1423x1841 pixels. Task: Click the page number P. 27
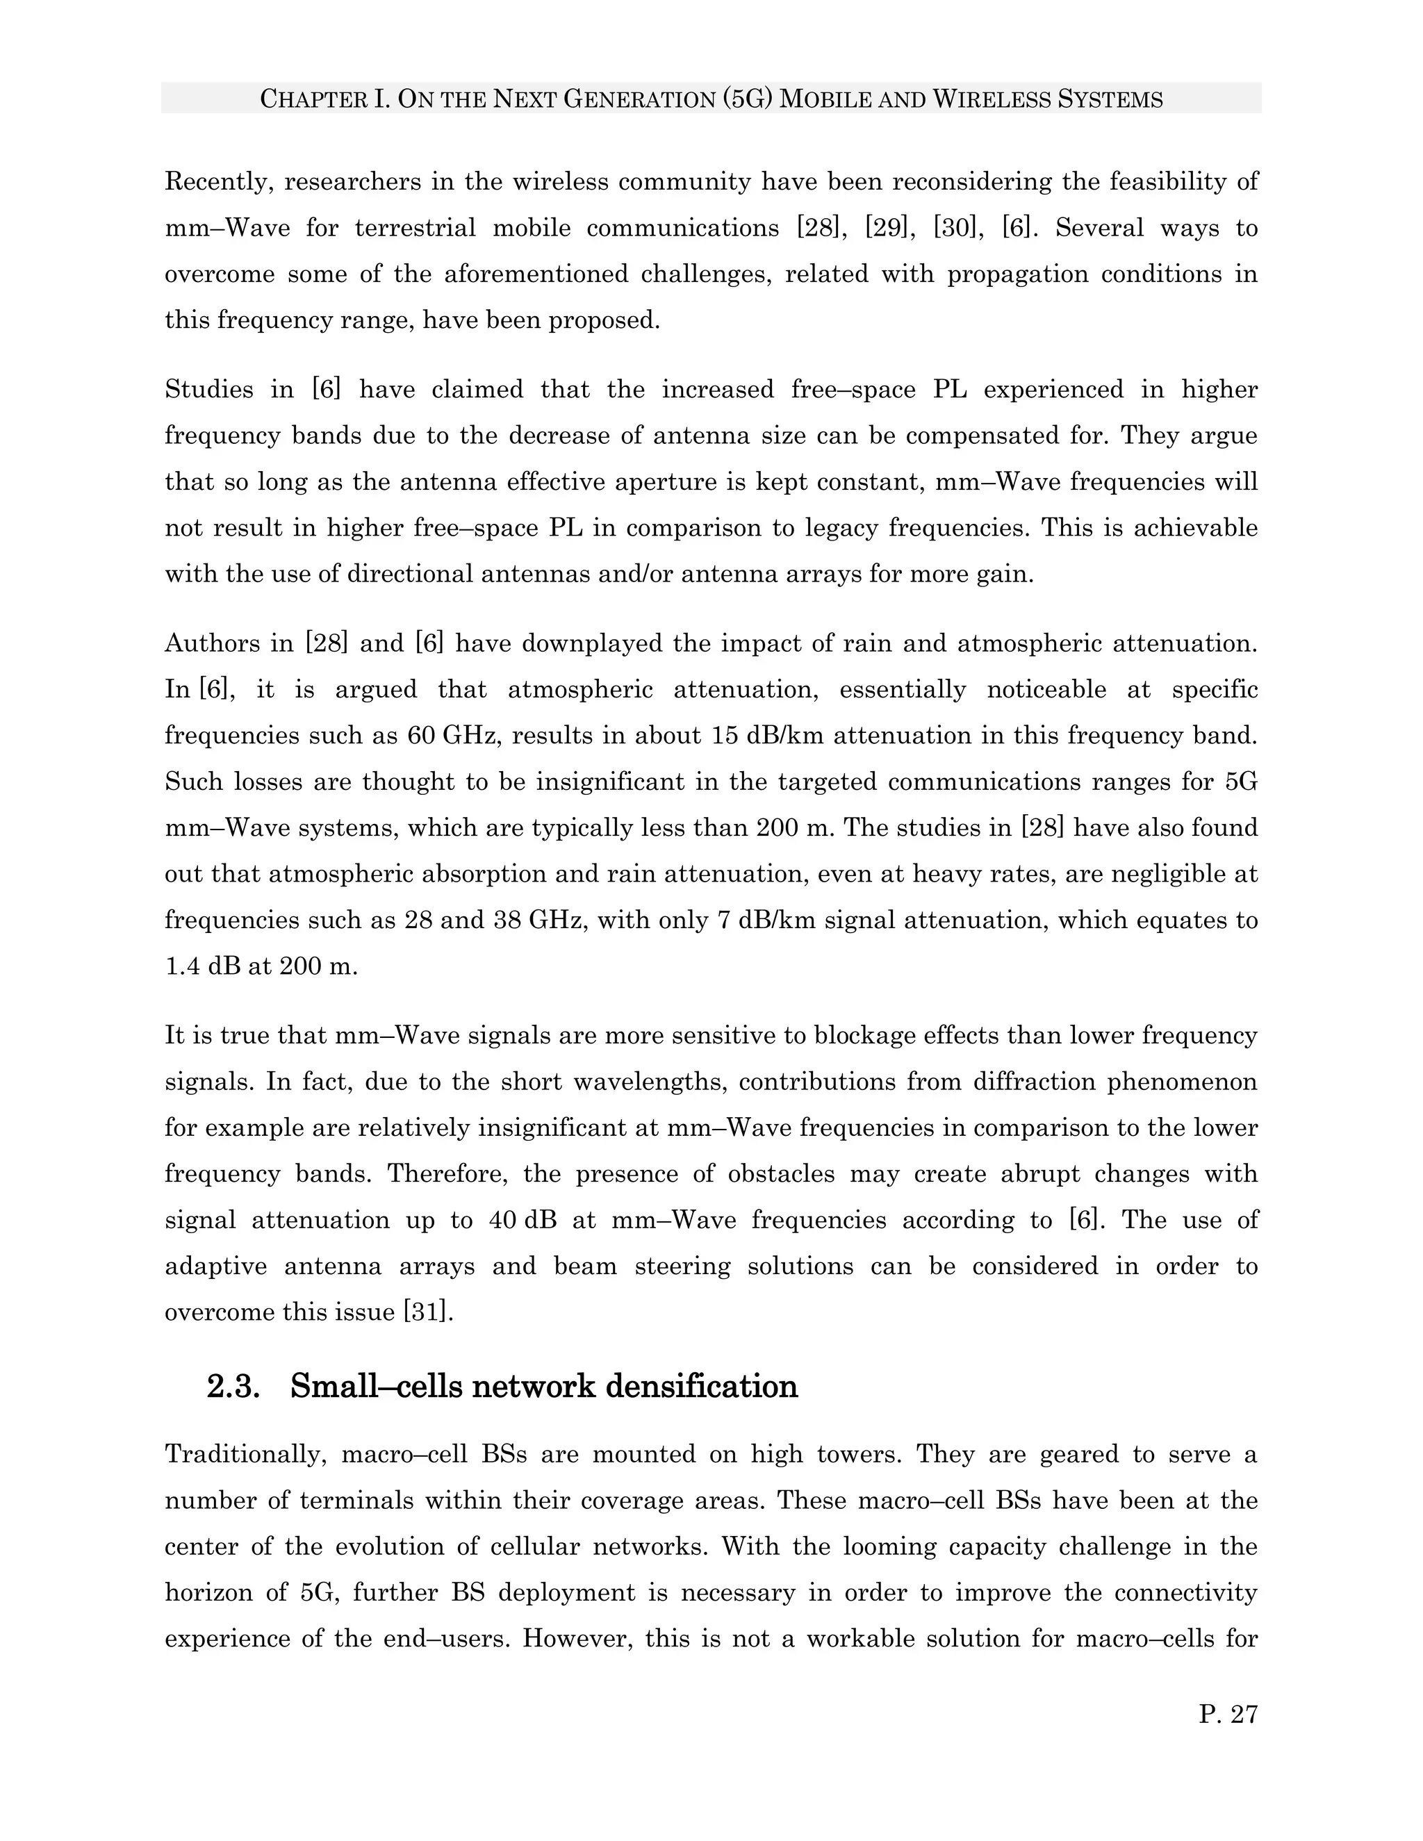point(1228,1714)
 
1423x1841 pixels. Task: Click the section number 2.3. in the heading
point(233,1386)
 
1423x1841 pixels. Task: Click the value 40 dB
point(522,1221)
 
